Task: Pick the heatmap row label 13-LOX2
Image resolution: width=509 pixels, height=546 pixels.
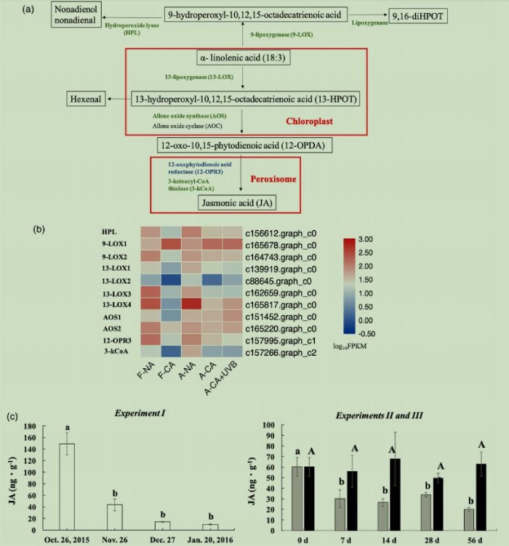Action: (x=116, y=280)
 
